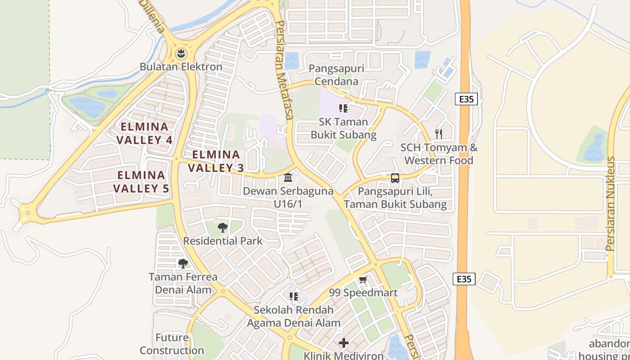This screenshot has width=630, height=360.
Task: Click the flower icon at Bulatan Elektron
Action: click(x=181, y=54)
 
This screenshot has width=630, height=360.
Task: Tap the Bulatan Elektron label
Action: click(x=181, y=67)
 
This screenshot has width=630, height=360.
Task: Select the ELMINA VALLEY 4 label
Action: click(x=144, y=133)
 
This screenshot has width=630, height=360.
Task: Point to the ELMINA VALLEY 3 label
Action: click(x=216, y=161)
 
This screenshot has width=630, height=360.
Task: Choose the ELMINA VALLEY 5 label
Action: click(x=141, y=182)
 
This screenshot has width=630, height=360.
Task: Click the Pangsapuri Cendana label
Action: click(x=337, y=75)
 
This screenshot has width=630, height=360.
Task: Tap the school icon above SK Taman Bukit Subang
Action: click(x=343, y=108)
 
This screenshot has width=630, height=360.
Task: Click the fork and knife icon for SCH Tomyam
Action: click(x=439, y=134)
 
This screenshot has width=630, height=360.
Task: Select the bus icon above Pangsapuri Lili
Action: click(x=395, y=178)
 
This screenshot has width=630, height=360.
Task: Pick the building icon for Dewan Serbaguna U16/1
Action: click(x=288, y=178)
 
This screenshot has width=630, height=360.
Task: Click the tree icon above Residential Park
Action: click(x=222, y=228)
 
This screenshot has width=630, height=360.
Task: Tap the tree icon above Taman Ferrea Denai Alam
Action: click(x=183, y=264)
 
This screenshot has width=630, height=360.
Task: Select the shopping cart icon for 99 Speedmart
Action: click(x=363, y=280)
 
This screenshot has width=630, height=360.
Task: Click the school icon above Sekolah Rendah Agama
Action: click(x=294, y=297)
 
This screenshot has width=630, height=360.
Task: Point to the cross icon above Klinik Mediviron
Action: click(x=344, y=343)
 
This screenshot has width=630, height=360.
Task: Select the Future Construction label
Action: click(x=172, y=344)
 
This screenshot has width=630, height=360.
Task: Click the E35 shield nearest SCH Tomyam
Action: click(x=466, y=99)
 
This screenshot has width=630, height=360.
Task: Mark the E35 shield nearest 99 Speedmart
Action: click(x=464, y=279)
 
